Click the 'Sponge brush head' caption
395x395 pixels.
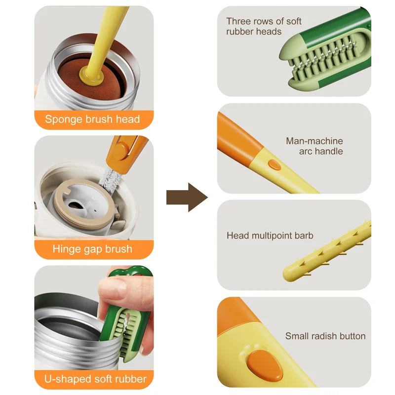click(93, 119)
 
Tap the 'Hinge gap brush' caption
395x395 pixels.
click(93, 249)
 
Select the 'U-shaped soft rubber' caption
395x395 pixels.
click(93, 379)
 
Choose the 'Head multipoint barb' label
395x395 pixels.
click(270, 236)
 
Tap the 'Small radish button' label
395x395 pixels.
click(325, 336)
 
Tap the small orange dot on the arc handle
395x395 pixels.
click(275, 164)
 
